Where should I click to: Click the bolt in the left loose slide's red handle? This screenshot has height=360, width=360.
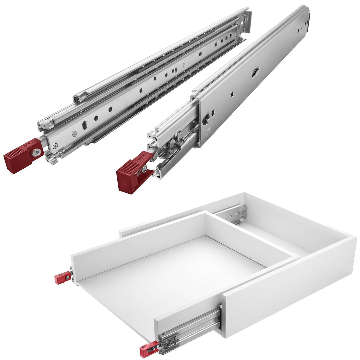pyautogui.click(x=36, y=152)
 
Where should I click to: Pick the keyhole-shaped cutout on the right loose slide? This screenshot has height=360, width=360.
pyautogui.click(x=205, y=120)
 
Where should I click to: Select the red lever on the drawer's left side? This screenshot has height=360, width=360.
pyautogui.click(x=63, y=277)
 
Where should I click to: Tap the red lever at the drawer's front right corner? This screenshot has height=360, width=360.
pyautogui.click(x=148, y=349)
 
